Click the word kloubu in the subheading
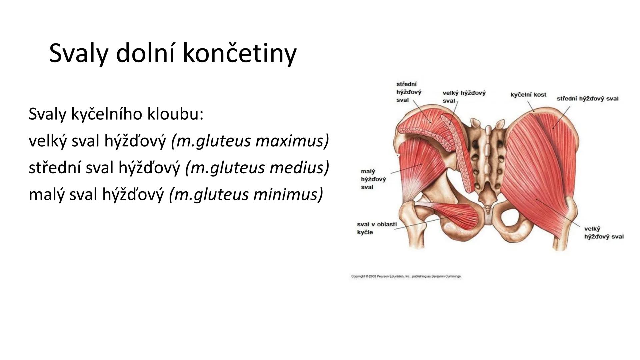tap(175, 114)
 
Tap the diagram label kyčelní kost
tap(528, 95)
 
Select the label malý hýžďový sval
tap(373, 179)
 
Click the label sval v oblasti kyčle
tap(377, 228)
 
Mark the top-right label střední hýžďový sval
tap(588, 99)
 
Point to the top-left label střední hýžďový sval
tap(409, 92)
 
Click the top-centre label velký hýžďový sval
tap(464, 97)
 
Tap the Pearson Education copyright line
tap(406, 276)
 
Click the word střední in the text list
tap(55, 168)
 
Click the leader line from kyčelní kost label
tap(531, 105)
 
